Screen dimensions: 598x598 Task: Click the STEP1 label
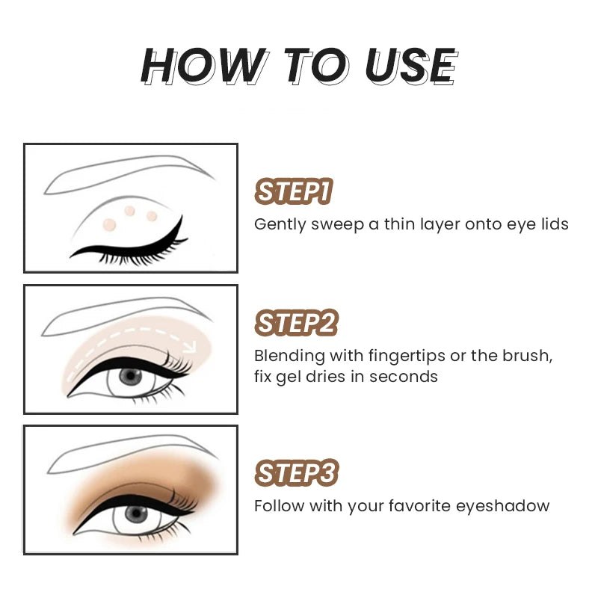coord(293,192)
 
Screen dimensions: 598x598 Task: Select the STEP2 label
coord(296,323)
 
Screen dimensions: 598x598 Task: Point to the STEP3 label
coord(296,473)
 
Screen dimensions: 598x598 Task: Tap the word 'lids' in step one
coord(554,224)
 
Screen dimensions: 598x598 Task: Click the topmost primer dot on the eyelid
coord(129,210)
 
